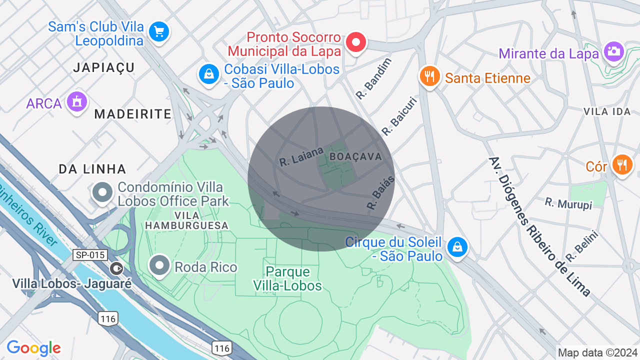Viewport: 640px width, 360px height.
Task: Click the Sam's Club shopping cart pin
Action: tap(159, 32)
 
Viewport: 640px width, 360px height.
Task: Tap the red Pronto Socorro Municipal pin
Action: tap(356, 42)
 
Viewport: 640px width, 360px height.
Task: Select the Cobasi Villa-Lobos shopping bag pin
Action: tap(208, 75)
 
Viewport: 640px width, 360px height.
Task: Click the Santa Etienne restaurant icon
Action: tap(429, 76)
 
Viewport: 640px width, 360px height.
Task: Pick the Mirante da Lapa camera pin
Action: tap(613, 51)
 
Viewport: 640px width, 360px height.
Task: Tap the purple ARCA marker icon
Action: tap(76, 102)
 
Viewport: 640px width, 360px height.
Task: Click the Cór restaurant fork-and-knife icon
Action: tap(622, 164)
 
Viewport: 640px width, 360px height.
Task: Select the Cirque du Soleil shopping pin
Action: tap(457, 247)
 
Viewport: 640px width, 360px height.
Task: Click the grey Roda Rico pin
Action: tap(160, 265)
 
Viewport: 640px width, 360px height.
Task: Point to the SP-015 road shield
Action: tap(90, 255)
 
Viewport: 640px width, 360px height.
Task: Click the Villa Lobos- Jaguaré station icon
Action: tap(116, 268)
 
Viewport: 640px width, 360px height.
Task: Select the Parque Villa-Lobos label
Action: tap(287, 278)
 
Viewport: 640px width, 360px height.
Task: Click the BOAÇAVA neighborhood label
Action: tap(355, 156)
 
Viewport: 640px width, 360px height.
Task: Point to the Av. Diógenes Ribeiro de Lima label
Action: tap(539, 226)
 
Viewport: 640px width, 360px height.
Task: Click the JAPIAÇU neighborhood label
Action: tap(104, 67)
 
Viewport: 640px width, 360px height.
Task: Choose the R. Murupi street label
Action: tap(568, 203)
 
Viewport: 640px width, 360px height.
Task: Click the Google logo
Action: tap(33, 348)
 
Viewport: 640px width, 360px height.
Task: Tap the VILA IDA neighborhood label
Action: tap(607, 111)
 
